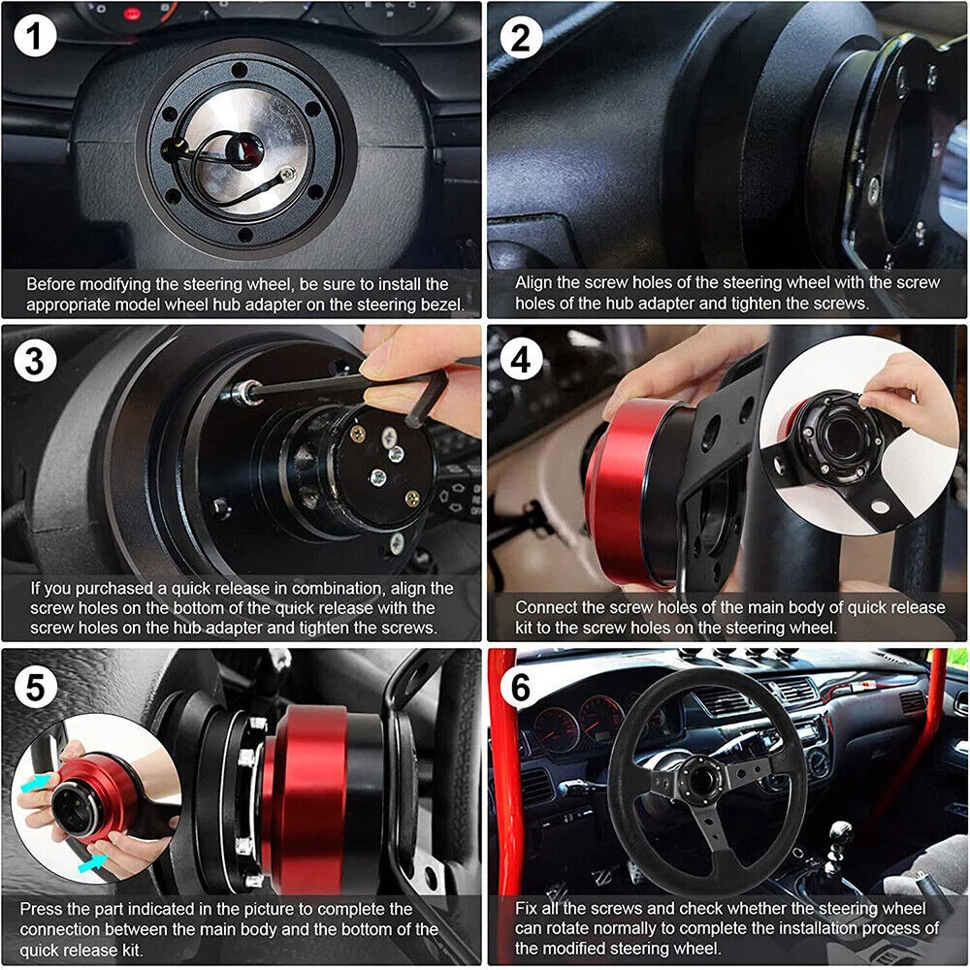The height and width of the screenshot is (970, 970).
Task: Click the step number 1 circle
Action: tap(35, 36)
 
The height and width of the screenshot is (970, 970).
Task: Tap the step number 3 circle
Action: tap(35, 360)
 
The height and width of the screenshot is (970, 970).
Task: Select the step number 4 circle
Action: tap(521, 359)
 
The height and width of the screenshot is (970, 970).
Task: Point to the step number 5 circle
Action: tap(35, 687)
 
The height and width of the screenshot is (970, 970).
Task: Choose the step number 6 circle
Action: tap(521, 687)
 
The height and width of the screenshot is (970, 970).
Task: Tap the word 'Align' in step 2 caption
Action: tap(533, 282)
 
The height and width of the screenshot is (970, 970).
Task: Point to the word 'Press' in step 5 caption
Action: tap(42, 910)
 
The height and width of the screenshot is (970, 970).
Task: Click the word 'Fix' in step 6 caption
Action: tap(526, 909)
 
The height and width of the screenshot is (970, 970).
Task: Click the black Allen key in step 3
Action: tap(346, 391)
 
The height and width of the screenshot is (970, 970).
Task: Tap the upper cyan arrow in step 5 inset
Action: tap(35, 784)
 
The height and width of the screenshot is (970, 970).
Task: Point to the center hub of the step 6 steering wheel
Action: tap(703, 781)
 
